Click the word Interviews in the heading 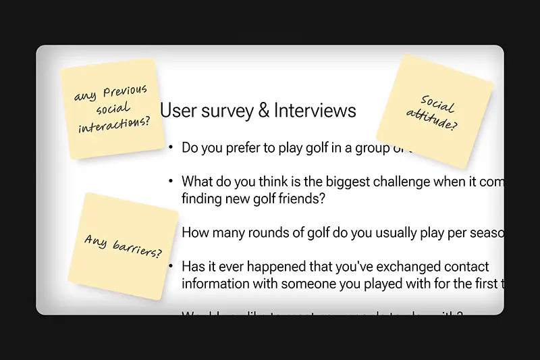(x=316, y=110)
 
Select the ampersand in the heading (x=263, y=111)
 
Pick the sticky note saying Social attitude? (x=434, y=111)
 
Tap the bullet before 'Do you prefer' (x=171, y=147)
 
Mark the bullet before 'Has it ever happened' (x=171, y=267)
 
